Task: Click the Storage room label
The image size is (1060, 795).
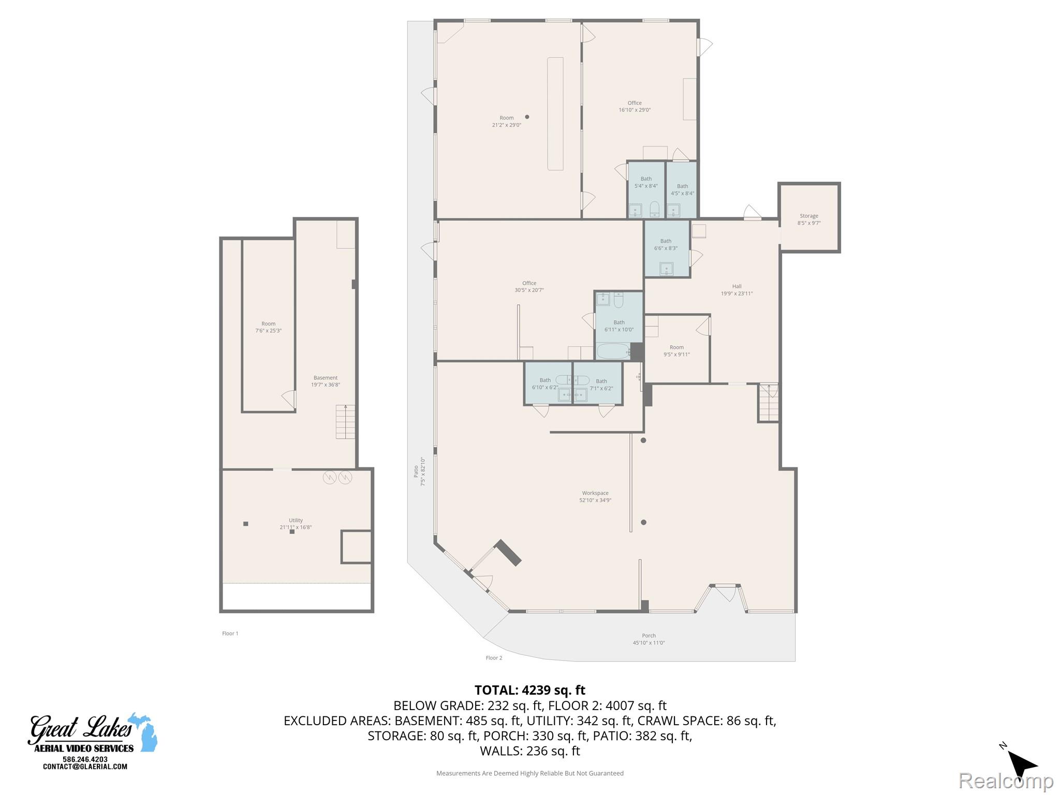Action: click(x=809, y=219)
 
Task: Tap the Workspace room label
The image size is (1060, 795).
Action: click(x=595, y=496)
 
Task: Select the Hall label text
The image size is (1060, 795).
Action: click(x=737, y=290)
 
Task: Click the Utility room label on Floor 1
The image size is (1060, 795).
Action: click(x=296, y=524)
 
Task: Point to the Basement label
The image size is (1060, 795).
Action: click(x=326, y=381)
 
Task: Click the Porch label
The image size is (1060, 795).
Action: click(x=649, y=639)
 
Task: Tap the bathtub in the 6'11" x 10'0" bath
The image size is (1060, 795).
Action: click(x=613, y=351)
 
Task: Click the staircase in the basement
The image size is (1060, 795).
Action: click(x=345, y=421)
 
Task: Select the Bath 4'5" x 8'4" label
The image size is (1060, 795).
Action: click(x=682, y=189)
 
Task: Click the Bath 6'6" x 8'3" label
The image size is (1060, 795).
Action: click(x=666, y=244)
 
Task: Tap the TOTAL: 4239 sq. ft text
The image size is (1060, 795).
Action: click(x=529, y=690)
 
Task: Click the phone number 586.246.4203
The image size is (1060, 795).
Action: click(x=85, y=759)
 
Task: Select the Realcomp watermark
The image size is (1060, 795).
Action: click(x=1006, y=780)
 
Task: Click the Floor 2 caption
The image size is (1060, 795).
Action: click(x=494, y=658)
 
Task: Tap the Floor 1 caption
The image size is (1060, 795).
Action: click(x=230, y=634)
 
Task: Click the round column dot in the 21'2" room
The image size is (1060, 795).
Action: click(x=527, y=117)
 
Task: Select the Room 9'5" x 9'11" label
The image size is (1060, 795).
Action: click(x=676, y=351)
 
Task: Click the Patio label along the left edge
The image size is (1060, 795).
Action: click(x=419, y=472)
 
